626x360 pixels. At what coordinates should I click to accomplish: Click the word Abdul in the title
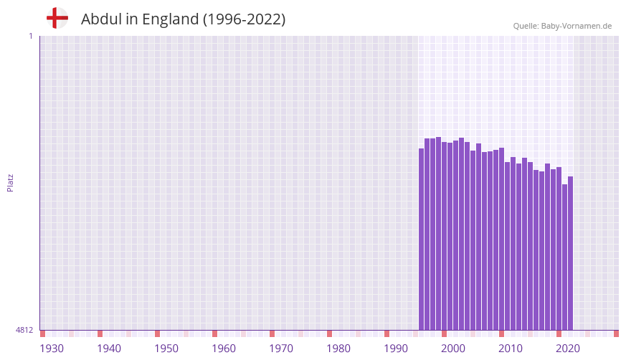(102, 19)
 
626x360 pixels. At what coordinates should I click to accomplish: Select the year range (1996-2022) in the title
(244, 19)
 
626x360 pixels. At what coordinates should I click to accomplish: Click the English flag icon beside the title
(57, 18)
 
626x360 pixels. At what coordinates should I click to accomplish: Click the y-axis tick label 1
(30, 36)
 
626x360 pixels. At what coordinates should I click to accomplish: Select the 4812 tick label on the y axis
(24, 330)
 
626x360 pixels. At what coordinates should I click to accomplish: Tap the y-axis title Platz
(11, 183)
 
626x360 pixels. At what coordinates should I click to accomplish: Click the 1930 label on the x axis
(52, 349)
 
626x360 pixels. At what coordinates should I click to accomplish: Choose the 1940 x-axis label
(109, 349)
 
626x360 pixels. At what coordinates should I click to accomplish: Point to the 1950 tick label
(166, 349)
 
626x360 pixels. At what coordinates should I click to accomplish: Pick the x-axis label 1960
(224, 349)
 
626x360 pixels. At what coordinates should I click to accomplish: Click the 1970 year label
(281, 349)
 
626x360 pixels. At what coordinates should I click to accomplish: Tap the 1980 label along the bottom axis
(338, 349)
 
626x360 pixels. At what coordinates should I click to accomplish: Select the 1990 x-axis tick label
(396, 349)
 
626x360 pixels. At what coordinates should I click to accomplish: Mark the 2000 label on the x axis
(453, 349)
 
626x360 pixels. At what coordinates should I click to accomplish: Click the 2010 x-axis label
(511, 349)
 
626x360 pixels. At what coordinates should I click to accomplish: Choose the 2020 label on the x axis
(568, 349)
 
